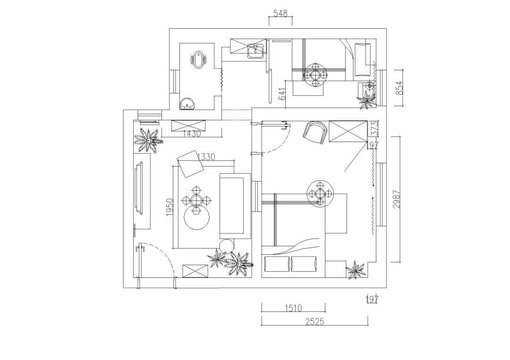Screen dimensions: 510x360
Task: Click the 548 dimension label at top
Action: tap(280, 14)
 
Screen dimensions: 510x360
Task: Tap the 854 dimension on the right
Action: tap(399, 88)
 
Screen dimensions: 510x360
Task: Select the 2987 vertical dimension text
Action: tap(396, 199)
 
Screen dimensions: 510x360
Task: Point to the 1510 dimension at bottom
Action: tap(293, 308)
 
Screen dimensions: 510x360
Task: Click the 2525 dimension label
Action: tap(315, 321)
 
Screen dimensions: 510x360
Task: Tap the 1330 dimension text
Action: tap(206, 157)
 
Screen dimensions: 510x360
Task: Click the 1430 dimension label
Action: tap(192, 133)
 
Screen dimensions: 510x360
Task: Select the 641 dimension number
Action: tap(282, 94)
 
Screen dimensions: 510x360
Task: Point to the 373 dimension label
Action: tap(374, 128)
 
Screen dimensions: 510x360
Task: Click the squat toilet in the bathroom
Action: tap(198, 60)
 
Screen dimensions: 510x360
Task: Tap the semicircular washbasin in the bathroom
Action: tap(187, 103)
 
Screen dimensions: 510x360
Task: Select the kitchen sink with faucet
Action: tap(255, 51)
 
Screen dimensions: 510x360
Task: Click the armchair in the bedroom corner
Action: tap(316, 132)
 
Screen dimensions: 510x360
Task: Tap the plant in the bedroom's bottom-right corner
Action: tap(357, 269)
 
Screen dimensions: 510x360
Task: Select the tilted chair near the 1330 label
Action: tap(191, 164)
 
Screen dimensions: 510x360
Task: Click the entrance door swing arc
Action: tap(161, 260)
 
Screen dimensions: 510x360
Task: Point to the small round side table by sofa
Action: tap(226, 246)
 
